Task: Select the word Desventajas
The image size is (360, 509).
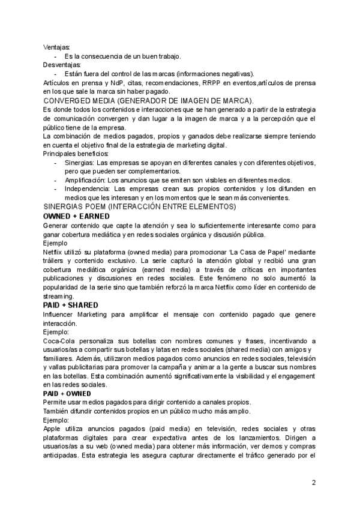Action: (62, 64)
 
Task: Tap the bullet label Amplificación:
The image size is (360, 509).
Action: (85, 180)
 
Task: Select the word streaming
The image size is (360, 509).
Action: (58, 297)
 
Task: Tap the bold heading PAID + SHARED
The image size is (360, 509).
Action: (70, 306)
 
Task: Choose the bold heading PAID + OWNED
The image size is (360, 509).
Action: (67, 394)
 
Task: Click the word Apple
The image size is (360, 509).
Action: (53, 429)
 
